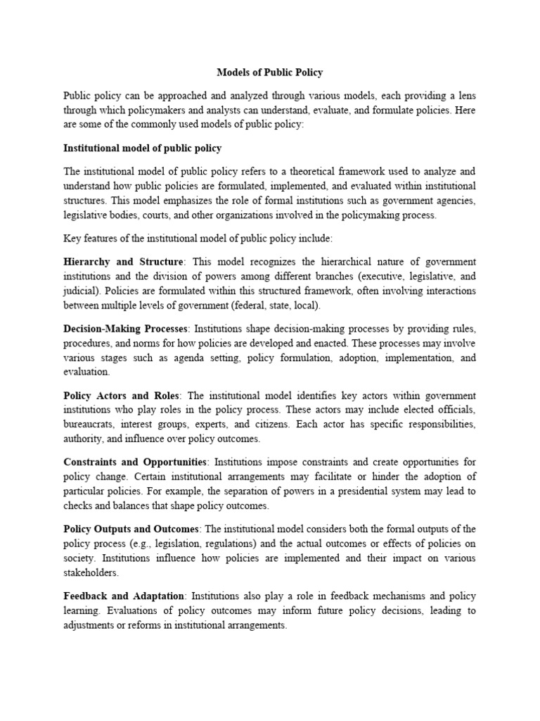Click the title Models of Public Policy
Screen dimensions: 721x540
point(270,72)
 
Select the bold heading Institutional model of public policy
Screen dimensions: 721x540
point(143,149)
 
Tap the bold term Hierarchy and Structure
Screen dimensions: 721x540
point(124,262)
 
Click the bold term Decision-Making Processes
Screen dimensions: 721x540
point(126,329)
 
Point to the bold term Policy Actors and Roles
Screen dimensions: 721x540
point(121,396)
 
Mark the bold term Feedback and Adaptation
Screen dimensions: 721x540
point(124,596)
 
